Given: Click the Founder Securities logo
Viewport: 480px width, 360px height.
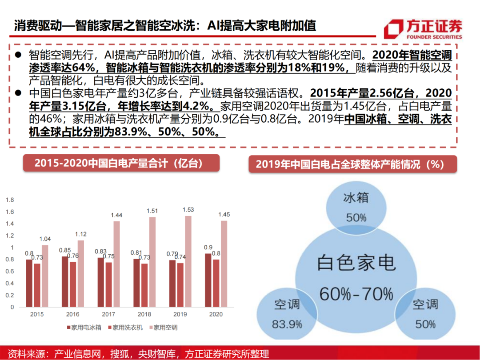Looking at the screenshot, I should [x=422, y=28].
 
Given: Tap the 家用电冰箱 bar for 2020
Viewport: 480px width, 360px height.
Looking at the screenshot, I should [x=208, y=281].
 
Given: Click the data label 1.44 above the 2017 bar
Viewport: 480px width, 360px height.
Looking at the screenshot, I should [x=116, y=215].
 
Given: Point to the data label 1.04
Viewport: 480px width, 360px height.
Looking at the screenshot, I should [x=45, y=239].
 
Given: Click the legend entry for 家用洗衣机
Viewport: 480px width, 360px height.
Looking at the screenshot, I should [x=127, y=328].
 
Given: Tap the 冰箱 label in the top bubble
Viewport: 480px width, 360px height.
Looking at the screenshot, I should [x=356, y=198].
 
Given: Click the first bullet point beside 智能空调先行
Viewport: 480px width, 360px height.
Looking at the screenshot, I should [x=18, y=55].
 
